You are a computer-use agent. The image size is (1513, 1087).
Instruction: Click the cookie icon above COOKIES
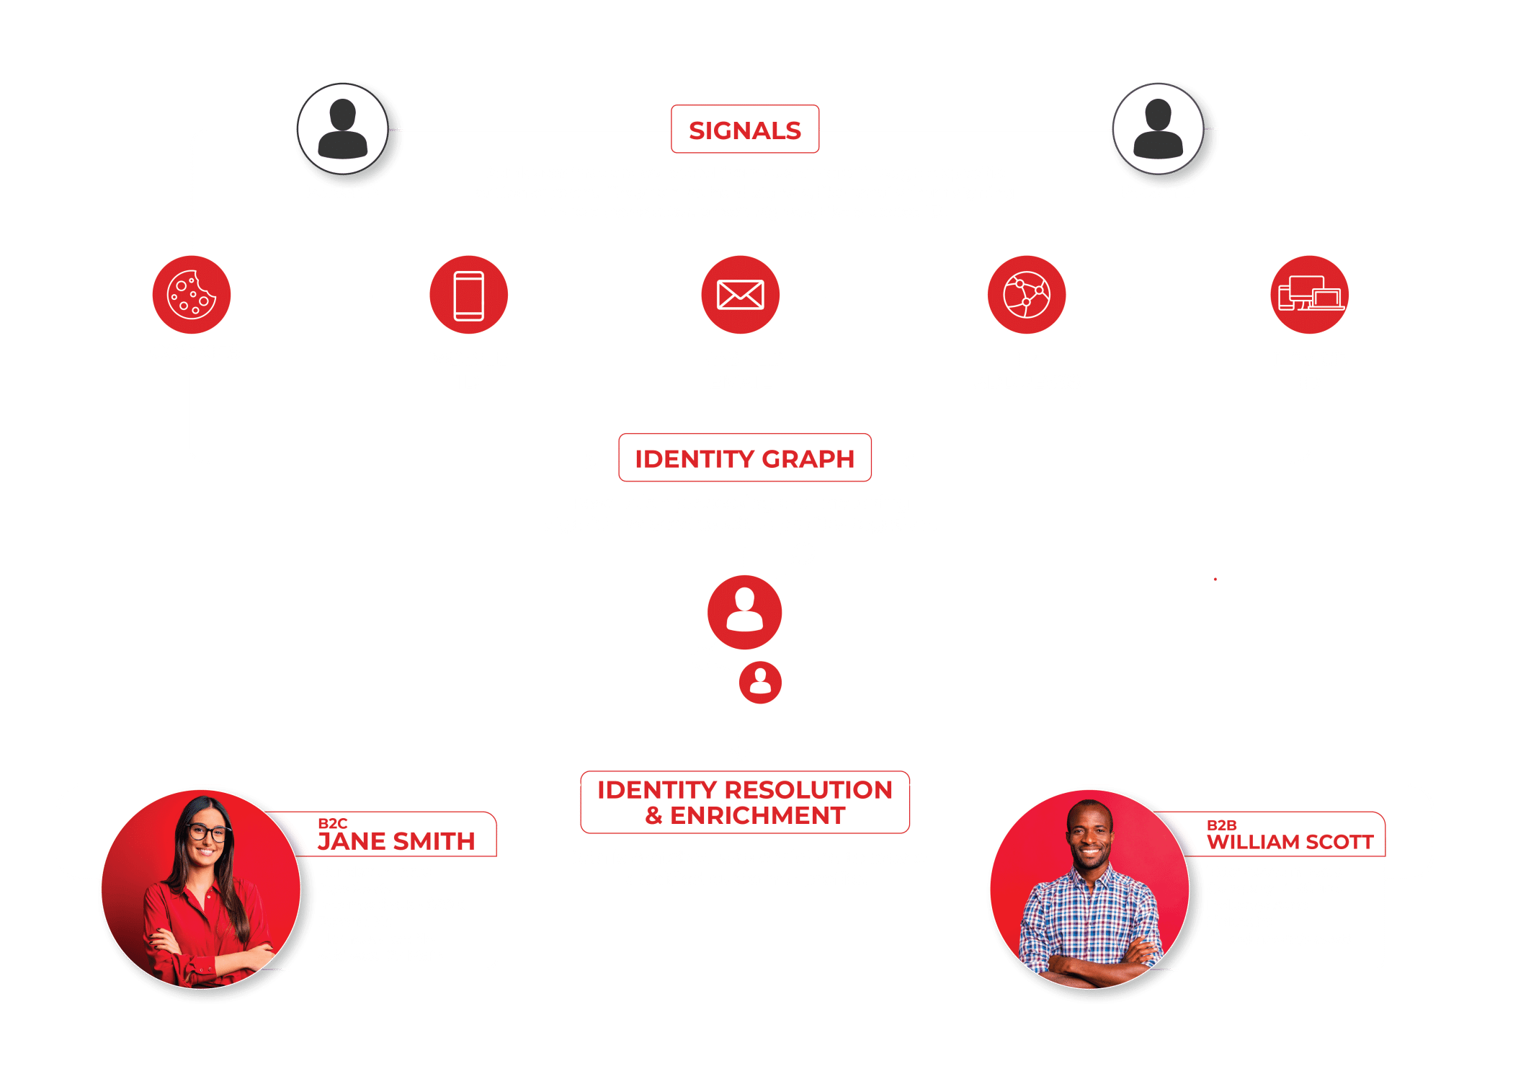[x=192, y=295]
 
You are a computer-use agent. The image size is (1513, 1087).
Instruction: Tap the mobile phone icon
[x=468, y=295]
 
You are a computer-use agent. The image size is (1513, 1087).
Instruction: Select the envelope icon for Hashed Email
[x=740, y=295]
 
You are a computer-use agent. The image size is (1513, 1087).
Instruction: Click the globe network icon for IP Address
[x=1026, y=295]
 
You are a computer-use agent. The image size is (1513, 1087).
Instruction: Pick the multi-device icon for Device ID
[x=1309, y=295]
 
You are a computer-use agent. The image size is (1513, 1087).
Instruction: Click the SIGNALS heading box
[x=745, y=130]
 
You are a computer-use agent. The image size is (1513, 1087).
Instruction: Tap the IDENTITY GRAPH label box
[x=745, y=458]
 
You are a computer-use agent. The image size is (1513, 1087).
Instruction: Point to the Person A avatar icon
[x=343, y=128]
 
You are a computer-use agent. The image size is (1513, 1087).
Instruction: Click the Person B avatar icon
[x=1158, y=128]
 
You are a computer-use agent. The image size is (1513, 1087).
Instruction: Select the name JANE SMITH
[x=396, y=841]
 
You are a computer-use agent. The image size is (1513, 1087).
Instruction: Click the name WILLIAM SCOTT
[x=1290, y=842]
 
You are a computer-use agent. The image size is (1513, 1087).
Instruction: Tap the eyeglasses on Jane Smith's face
[x=207, y=833]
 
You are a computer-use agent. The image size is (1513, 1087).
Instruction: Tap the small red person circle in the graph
[x=760, y=682]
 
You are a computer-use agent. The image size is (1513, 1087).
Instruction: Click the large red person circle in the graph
[x=744, y=612]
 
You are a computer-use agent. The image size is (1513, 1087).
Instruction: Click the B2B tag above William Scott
[x=1221, y=825]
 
